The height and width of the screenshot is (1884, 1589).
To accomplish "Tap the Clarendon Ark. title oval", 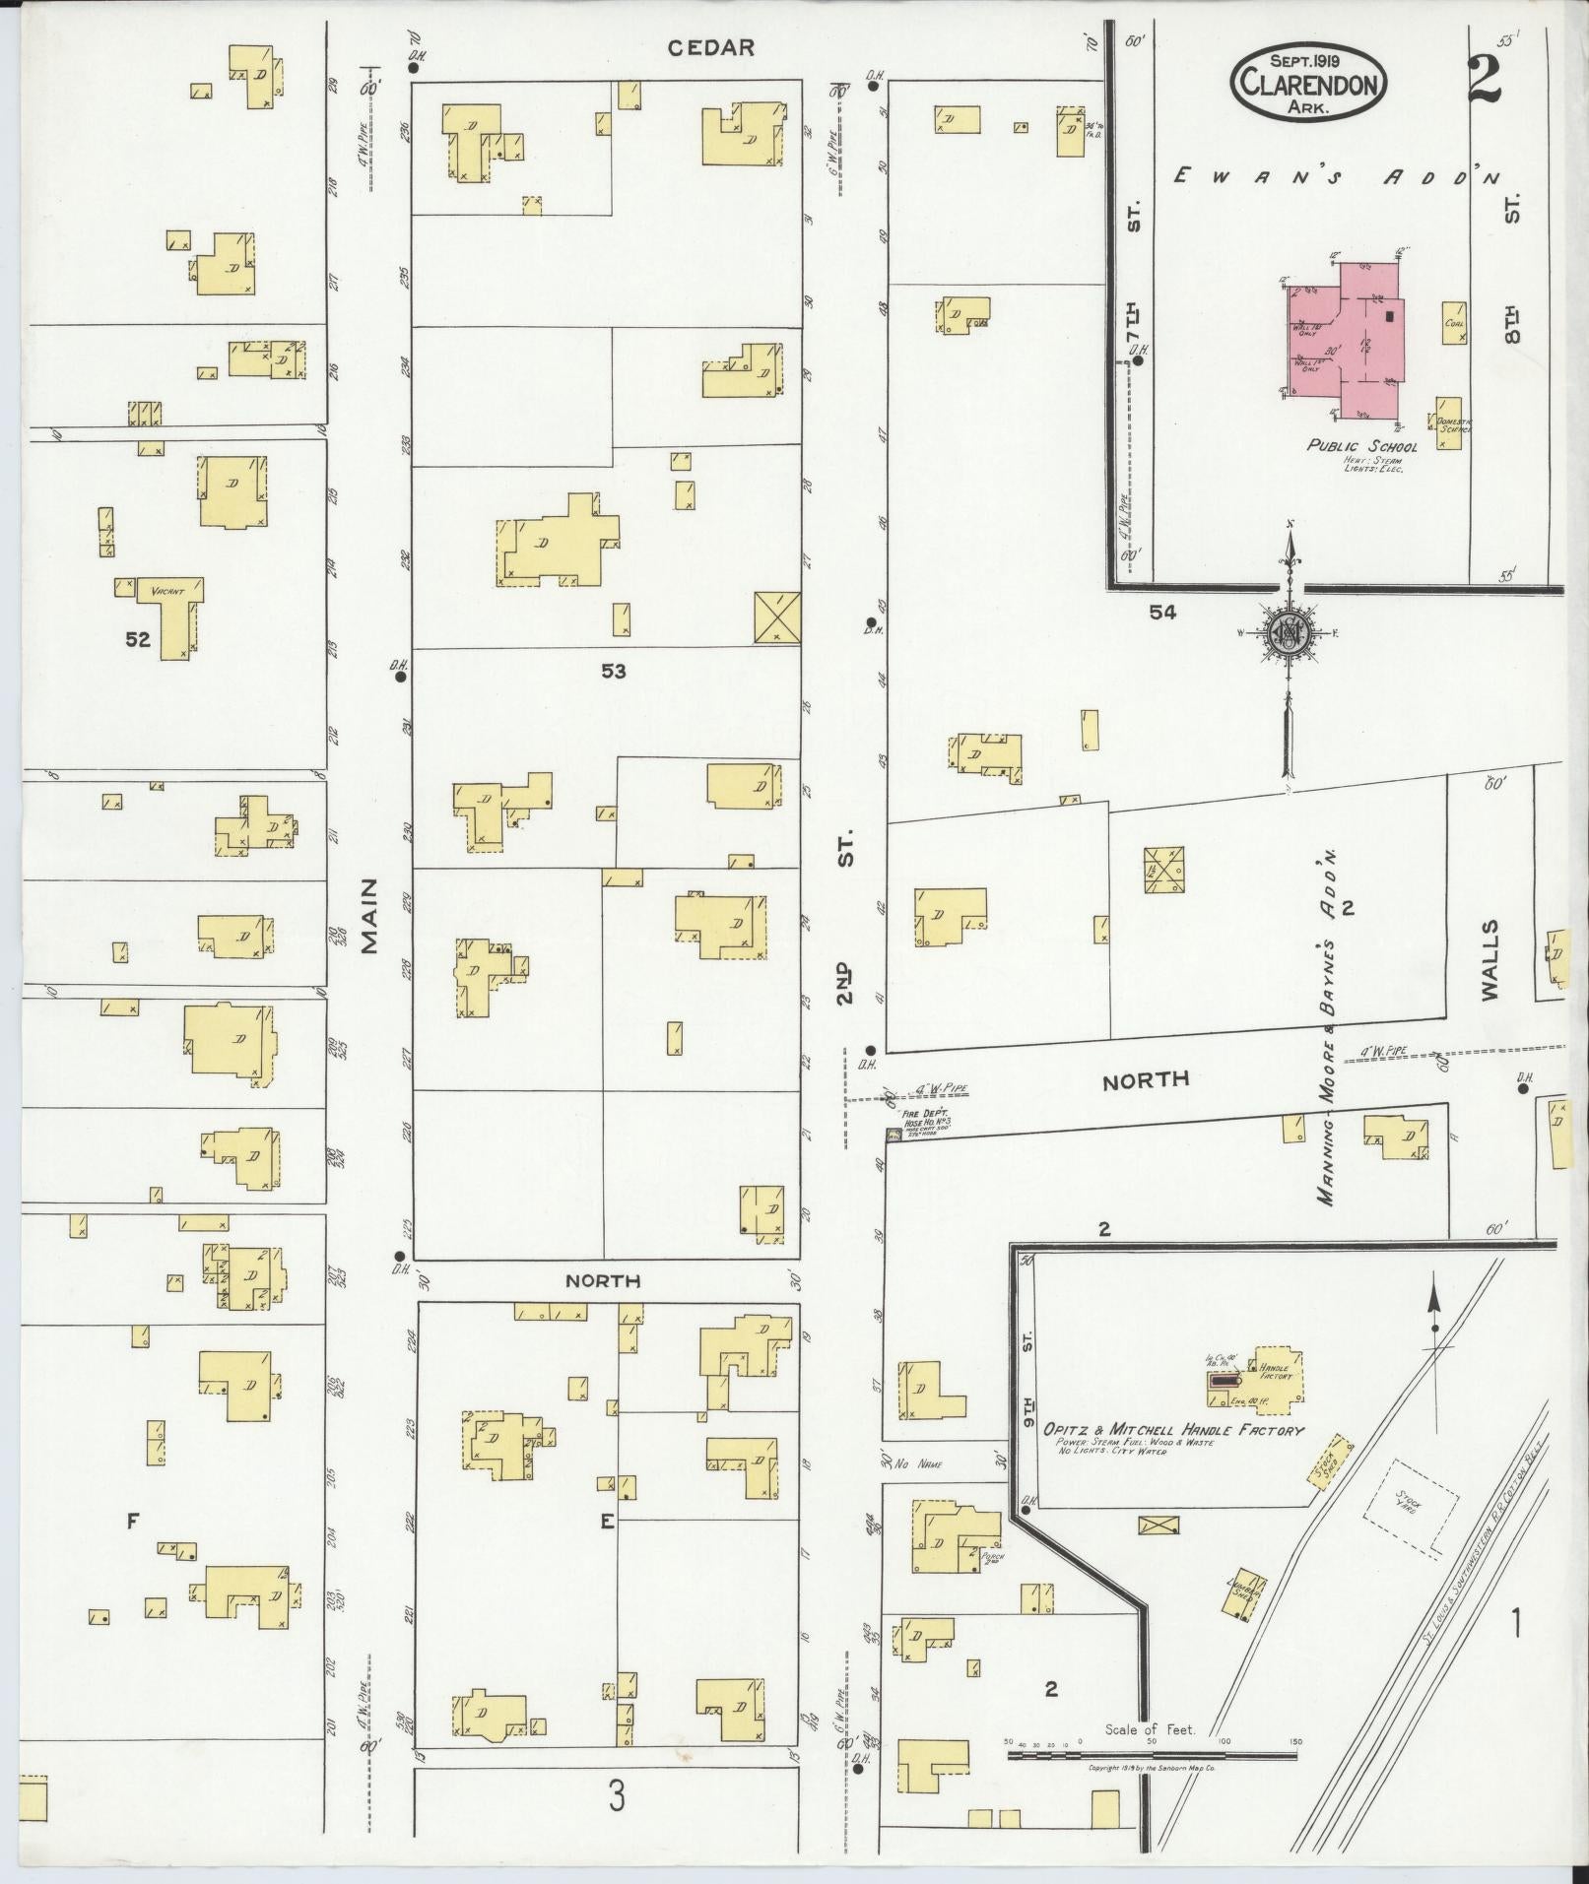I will [x=1307, y=83].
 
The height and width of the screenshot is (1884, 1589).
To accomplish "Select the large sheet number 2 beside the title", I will [x=1483, y=81].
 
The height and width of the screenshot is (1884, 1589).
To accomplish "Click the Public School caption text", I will [x=1361, y=446].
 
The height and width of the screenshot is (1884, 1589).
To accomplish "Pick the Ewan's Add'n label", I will [x=1337, y=177].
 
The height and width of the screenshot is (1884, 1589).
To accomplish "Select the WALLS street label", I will [x=1490, y=959].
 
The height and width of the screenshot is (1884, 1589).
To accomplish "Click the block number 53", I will [x=614, y=672].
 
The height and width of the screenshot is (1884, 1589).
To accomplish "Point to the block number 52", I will [x=138, y=639].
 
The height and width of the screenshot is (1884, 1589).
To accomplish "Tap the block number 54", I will [x=1162, y=613].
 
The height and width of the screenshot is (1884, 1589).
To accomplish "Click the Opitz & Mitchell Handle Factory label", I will [x=1174, y=1430].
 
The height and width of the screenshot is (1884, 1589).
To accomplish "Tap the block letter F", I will [x=131, y=1522].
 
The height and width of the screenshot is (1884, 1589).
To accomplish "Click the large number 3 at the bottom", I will [x=616, y=1799].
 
